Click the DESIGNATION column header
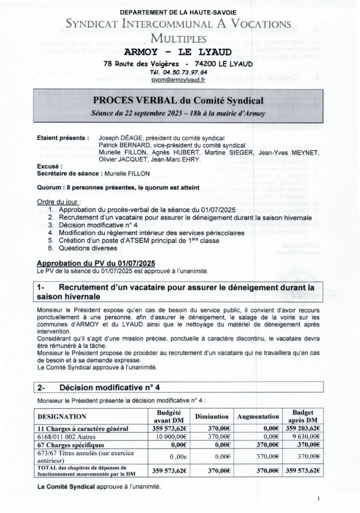pyautogui.click(x=63, y=416)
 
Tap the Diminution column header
pyautogui.click(x=212, y=416)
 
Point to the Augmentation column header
pyautogui.click(x=258, y=416)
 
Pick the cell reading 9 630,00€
pyautogui.click(x=305, y=436)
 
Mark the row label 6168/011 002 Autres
pyautogui.click(x=68, y=436)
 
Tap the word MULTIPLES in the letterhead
pyautogui.click(x=179, y=39)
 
